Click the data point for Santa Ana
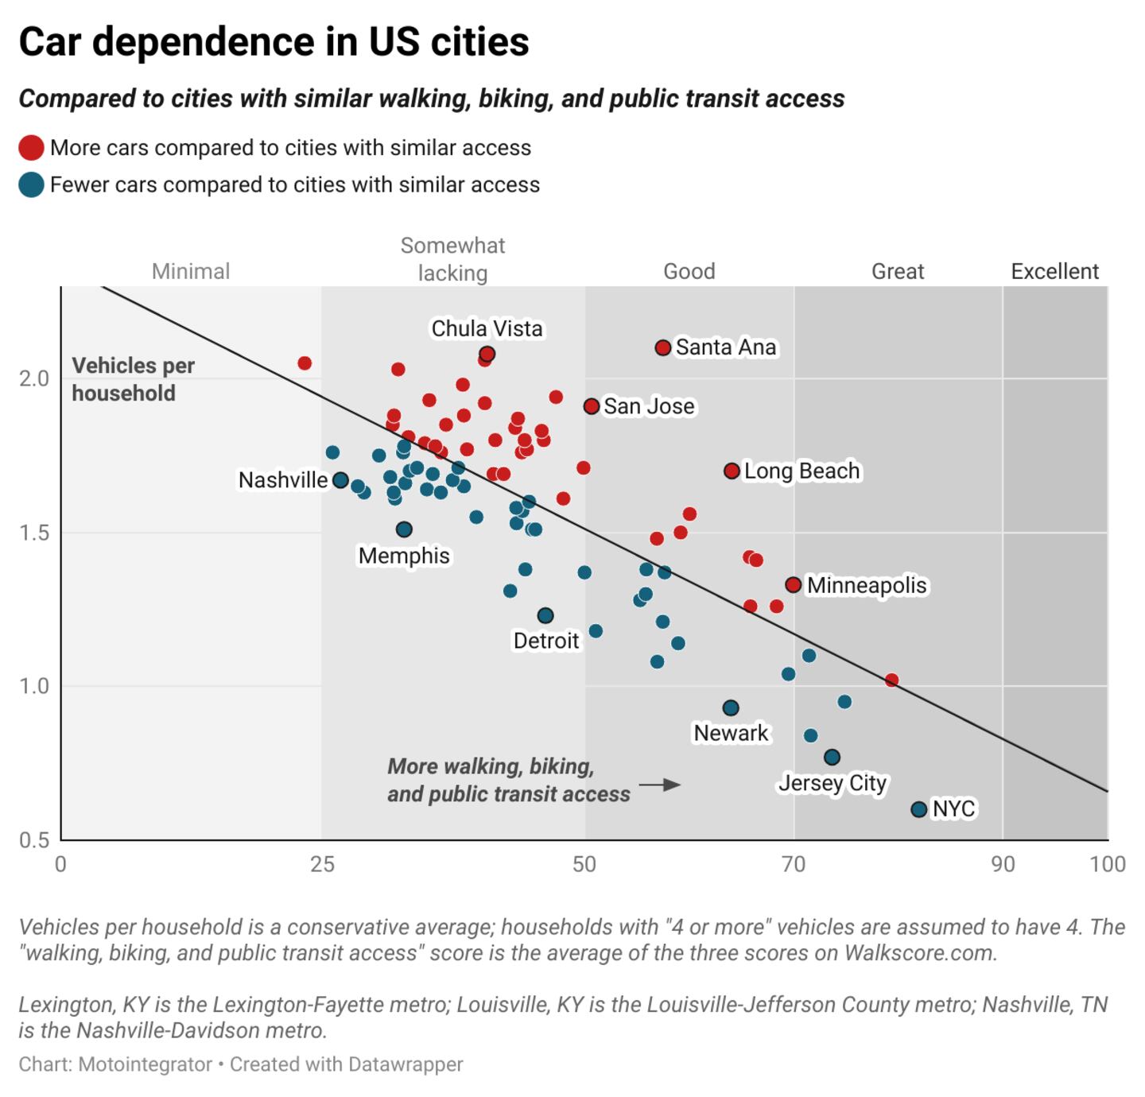click(663, 347)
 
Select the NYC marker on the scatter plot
click(918, 809)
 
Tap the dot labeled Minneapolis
click(793, 585)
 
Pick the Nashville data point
click(340, 480)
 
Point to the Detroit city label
click(546, 641)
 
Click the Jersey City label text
click(832, 783)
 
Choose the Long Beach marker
click(732, 471)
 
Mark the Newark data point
click(731, 708)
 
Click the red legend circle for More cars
click(31, 149)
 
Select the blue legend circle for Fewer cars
click(31, 185)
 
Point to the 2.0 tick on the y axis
click(34, 378)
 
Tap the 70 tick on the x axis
click(794, 864)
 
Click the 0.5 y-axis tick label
click(34, 840)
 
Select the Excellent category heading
click(1054, 272)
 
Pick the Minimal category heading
click(191, 272)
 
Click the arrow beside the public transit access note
click(660, 785)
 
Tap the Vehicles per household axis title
click(133, 379)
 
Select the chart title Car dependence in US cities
click(274, 41)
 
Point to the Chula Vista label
click(487, 328)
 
